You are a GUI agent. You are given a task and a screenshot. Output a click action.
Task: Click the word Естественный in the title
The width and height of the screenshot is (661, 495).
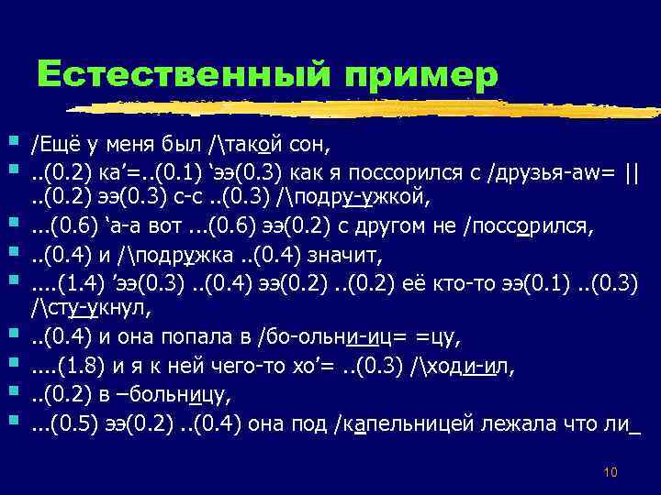174,72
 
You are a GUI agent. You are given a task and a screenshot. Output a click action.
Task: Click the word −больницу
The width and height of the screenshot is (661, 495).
178,396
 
